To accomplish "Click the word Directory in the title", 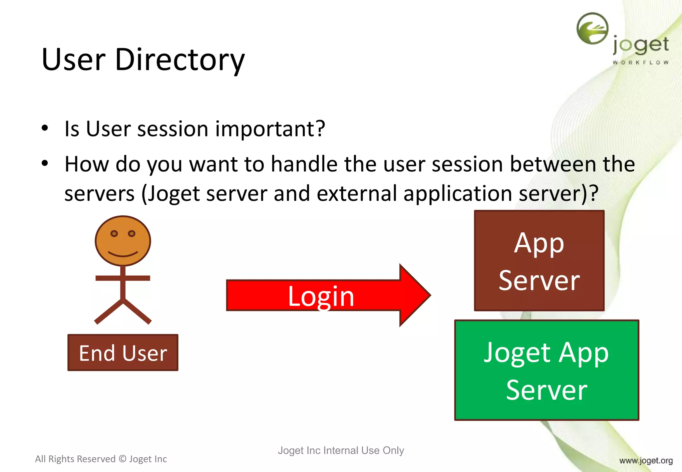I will (180, 60).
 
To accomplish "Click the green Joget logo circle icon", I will (592, 29).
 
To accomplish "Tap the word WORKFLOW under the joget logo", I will (640, 63).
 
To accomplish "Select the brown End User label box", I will (123, 353).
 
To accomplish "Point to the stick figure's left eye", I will (114, 234).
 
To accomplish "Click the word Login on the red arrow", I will (321, 296).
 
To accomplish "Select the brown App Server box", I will (539, 261).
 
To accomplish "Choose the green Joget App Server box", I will (546, 370).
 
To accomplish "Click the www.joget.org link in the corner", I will (646, 461).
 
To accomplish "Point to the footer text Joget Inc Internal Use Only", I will (341, 450).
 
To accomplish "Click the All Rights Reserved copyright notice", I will (101, 459).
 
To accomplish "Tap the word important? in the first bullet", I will (270, 129).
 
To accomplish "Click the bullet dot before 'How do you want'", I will (45, 163).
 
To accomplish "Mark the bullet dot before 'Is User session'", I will (45, 128).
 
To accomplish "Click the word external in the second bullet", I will (357, 193).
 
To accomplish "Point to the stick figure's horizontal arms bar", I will (123, 278).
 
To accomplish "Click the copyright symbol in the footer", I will (123, 459).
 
